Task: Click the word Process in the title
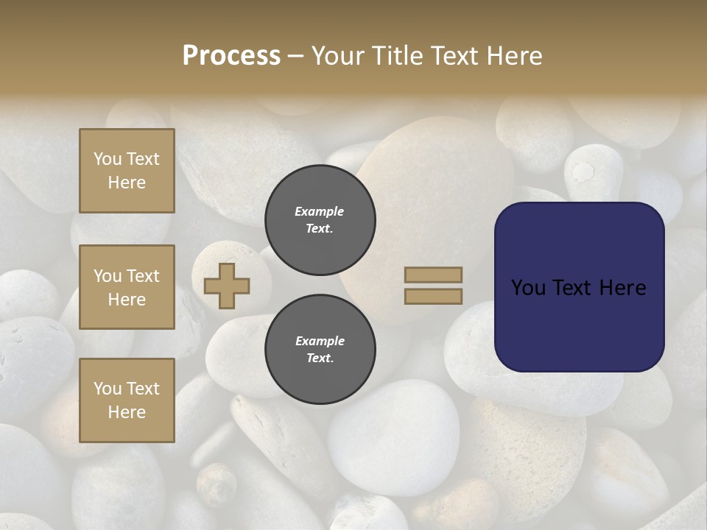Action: coord(231,56)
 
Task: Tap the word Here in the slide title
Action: coord(513,56)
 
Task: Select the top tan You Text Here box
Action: coord(127,171)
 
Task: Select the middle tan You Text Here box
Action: coord(127,287)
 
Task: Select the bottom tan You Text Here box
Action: coord(127,400)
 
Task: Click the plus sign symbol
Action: coord(227,286)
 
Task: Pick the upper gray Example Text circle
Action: coord(320,220)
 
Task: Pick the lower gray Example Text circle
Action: coord(320,350)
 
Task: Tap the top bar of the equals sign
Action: coord(434,275)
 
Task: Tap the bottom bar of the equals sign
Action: coord(434,296)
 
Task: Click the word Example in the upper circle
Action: coord(320,211)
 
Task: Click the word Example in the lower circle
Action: coord(320,341)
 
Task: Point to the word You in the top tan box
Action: coord(107,159)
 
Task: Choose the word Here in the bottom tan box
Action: coord(127,412)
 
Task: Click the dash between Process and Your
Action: coord(296,56)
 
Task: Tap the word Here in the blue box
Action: coord(622,288)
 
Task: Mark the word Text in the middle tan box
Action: coord(143,276)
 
